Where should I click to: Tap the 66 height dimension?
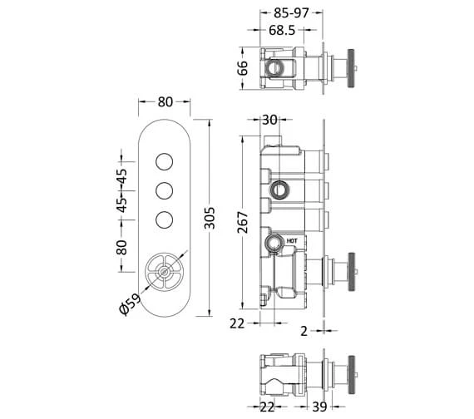(241, 68)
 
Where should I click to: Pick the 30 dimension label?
(269, 120)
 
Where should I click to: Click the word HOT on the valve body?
(291, 242)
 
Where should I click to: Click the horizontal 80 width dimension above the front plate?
(165, 102)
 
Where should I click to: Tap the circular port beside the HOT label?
(272, 244)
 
